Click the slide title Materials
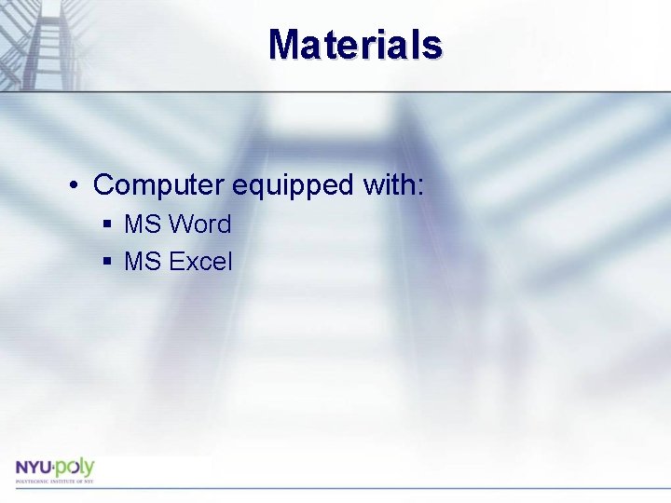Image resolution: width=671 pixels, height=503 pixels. [355, 44]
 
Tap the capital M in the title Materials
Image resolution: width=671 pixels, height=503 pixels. [285, 44]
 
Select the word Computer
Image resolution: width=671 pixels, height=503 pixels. [158, 185]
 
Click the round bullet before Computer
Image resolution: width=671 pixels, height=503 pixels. [73, 185]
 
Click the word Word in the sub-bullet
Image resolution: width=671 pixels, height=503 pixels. [200, 224]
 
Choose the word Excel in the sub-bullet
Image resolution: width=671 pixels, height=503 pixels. [200, 262]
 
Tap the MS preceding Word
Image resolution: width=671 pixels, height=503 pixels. [143, 224]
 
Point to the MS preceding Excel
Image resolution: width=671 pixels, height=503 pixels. [143, 262]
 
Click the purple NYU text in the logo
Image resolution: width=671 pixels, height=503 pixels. [33, 467]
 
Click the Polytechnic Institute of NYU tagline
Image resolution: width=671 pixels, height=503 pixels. [53, 481]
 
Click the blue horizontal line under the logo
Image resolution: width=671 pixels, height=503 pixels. [335, 487]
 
